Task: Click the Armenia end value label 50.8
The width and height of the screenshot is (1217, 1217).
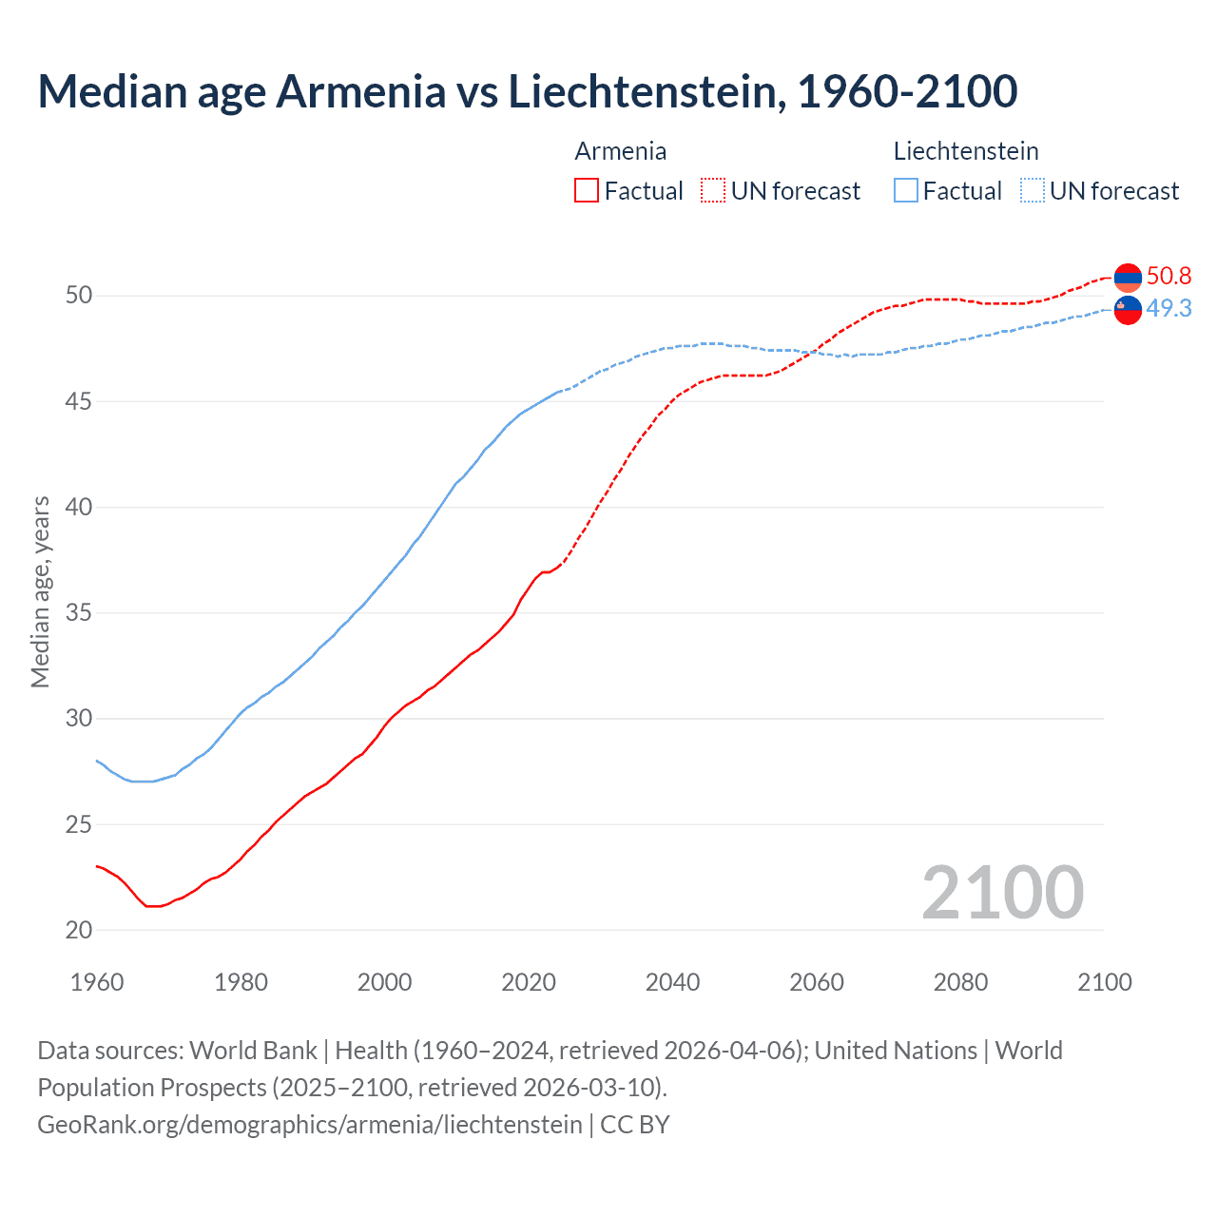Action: pyautogui.click(x=1169, y=277)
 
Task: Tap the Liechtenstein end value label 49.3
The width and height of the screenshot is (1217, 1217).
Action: pyautogui.click(x=1169, y=309)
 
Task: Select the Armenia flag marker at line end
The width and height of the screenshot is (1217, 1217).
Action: pyautogui.click(x=1128, y=278)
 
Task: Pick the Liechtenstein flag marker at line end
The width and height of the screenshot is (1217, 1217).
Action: pyautogui.click(x=1128, y=310)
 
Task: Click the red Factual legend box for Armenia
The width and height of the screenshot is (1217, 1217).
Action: pyautogui.click(x=587, y=191)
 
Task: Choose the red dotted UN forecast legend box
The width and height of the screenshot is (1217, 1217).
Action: pyautogui.click(x=713, y=191)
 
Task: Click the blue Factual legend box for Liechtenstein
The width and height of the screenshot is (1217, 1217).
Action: pyautogui.click(x=906, y=191)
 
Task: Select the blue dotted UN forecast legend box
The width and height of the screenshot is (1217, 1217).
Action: pyautogui.click(x=1032, y=191)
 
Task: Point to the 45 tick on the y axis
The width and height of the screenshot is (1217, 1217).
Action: pyautogui.click(x=79, y=401)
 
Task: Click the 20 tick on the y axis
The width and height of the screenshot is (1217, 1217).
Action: pyautogui.click(x=79, y=930)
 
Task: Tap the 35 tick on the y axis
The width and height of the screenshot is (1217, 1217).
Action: pyautogui.click(x=79, y=613)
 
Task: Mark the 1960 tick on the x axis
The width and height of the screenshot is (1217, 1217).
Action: pyautogui.click(x=97, y=982)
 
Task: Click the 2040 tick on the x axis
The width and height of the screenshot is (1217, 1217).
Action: pyautogui.click(x=672, y=982)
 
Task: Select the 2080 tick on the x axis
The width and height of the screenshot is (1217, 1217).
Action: pyautogui.click(x=960, y=982)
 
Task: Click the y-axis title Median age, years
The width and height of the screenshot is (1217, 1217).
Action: pyautogui.click(x=40, y=591)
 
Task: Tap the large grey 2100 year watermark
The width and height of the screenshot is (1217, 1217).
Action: pyautogui.click(x=1002, y=893)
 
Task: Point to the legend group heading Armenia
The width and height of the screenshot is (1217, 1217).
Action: pyautogui.click(x=620, y=151)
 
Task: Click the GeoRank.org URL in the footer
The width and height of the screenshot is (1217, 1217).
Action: pyautogui.click(x=310, y=1125)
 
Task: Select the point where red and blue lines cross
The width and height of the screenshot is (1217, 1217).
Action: pyautogui.click(x=814, y=353)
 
